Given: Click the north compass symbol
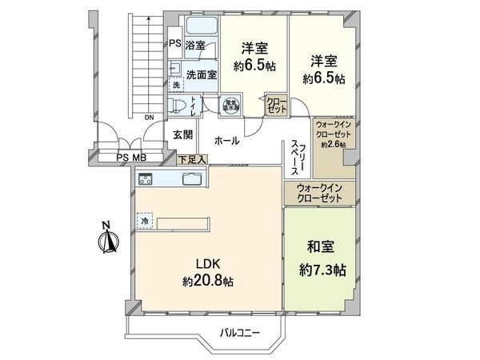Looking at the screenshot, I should click(x=109, y=238).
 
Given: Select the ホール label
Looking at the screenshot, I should click(x=226, y=140).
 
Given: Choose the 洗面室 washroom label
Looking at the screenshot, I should click(x=202, y=74).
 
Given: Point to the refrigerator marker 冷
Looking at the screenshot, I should click(x=145, y=219).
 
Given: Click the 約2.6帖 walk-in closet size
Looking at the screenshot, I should click(x=332, y=145).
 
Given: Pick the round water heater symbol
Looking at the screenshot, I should click(x=228, y=103).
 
